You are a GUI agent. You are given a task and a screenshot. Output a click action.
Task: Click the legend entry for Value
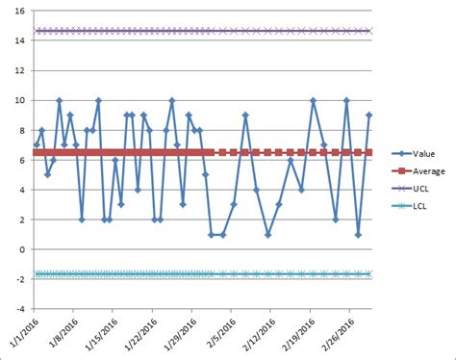[x=423, y=152]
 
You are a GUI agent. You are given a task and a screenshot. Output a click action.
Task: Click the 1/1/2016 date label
[x=21, y=333]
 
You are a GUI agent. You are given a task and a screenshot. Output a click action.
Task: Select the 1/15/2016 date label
[x=97, y=333]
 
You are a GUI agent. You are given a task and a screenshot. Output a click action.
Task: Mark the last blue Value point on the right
[x=369, y=116]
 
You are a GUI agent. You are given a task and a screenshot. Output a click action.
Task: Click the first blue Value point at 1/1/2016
[x=37, y=145]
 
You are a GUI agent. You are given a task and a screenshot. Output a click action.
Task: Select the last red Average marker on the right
[x=369, y=152]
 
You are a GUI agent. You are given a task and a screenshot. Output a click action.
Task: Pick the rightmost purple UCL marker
[x=369, y=31]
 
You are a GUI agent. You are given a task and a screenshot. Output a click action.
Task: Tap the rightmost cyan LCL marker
[x=369, y=273]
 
